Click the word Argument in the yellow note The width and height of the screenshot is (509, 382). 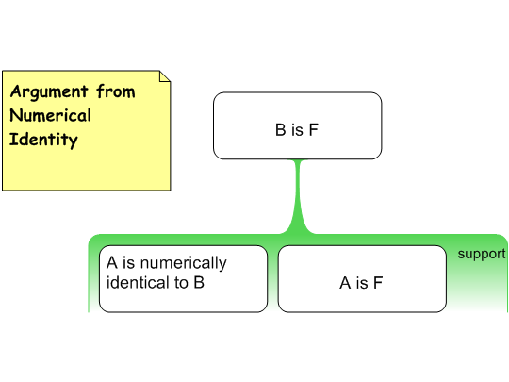point(49,92)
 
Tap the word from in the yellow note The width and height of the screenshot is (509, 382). point(116,91)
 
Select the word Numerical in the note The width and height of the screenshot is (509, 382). point(51,115)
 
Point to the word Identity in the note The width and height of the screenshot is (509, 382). point(43,140)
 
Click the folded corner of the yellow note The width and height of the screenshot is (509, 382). point(165,76)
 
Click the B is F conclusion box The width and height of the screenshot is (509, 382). point(297,125)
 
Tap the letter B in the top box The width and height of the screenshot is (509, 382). point(281,129)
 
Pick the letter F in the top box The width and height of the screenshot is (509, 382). point(314,129)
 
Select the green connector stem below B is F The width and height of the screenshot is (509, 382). point(298,196)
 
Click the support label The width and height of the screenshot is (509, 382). point(482,254)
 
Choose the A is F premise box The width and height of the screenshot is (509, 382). point(362,279)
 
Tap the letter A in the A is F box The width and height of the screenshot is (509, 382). point(345,283)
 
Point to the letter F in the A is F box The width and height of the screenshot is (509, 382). point(378,283)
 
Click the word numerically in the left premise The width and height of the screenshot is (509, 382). point(184,263)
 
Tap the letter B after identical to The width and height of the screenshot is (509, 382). point(199,282)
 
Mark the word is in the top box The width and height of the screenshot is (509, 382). point(297,129)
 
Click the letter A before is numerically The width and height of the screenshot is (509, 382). point(111,262)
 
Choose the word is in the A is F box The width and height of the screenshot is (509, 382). point(362,283)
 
